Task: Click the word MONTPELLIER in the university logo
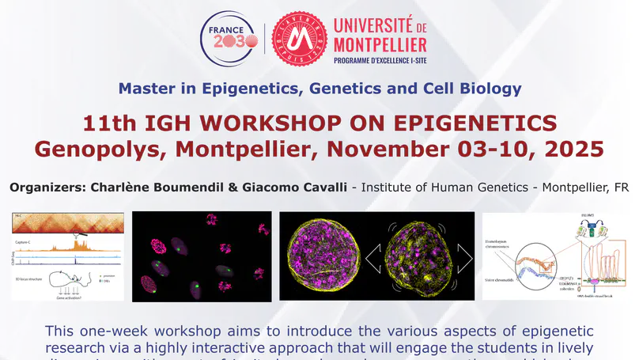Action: tap(380, 44)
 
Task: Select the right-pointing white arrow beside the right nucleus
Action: tap(463, 255)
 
